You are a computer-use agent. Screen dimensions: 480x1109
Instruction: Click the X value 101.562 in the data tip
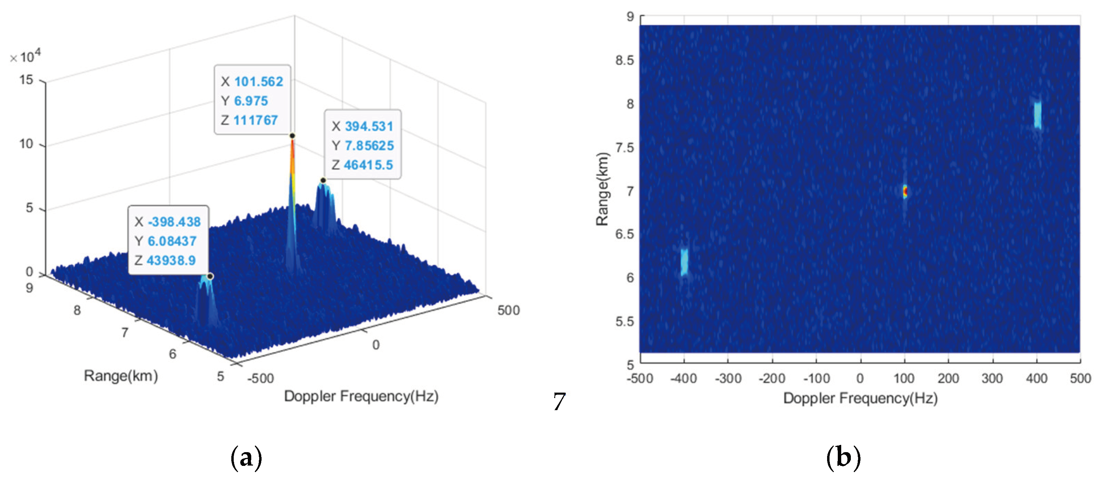tap(258, 82)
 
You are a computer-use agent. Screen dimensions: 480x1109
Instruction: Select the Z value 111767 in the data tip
tap(255, 120)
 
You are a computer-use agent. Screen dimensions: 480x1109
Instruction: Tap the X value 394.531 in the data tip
tap(369, 127)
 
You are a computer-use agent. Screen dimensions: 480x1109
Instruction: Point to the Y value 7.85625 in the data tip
tap(369, 146)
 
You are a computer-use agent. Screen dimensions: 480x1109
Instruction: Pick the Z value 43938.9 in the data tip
tap(171, 260)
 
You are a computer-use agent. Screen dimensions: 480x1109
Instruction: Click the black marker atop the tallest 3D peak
tap(292, 136)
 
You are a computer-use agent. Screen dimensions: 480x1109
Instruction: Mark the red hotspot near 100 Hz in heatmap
tap(905, 191)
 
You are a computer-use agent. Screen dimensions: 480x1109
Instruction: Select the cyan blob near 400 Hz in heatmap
tap(1037, 115)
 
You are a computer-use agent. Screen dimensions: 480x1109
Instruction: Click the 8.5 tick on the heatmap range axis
tap(625, 61)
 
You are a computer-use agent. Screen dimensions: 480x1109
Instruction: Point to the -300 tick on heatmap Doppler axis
tap(728, 378)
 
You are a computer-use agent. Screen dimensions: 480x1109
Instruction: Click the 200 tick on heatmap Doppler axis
tap(948, 378)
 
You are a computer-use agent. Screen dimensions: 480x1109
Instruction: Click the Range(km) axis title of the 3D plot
tap(121, 376)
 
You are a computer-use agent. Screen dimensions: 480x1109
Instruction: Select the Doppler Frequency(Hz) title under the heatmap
tap(860, 398)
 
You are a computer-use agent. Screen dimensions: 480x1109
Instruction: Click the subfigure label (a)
tap(246, 458)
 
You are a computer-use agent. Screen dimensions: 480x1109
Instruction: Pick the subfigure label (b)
tap(843, 458)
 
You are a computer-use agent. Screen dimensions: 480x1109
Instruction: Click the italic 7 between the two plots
tap(559, 402)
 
